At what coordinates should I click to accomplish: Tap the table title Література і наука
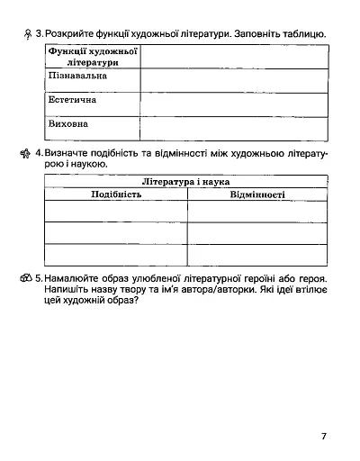(187, 182)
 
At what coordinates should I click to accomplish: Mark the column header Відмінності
(257, 194)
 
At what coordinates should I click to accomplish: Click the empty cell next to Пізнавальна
(233, 79)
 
